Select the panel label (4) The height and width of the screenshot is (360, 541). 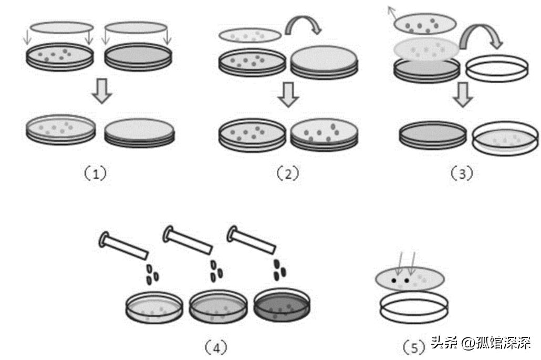pyautogui.click(x=216, y=346)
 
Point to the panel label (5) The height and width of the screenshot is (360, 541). pyautogui.click(x=413, y=346)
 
